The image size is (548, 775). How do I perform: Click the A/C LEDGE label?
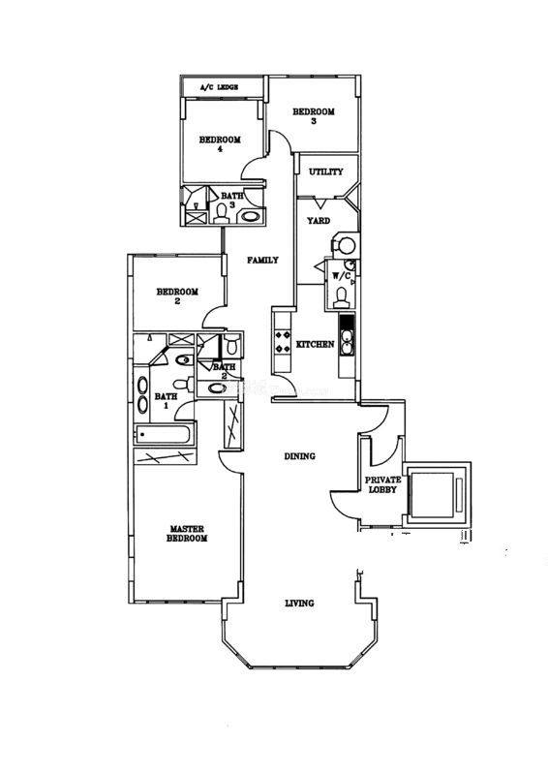(220, 87)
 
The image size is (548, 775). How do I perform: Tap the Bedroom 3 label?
(314, 116)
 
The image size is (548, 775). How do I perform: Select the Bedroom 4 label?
(220, 143)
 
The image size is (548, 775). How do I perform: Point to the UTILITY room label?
(325, 172)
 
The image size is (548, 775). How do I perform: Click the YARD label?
(319, 221)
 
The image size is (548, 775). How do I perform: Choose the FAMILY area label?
(262, 260)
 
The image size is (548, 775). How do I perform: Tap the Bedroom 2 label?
(177, 296)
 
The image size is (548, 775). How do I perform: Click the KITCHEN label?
(315, 344)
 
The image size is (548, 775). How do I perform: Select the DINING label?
(299, 456)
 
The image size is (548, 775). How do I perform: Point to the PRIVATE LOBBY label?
(383, 484)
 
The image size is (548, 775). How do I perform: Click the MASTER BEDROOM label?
(186, 534)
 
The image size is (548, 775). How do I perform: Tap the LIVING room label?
(299, 603)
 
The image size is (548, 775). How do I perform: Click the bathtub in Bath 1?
(162, 435)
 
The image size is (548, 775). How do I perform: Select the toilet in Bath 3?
(222, 211)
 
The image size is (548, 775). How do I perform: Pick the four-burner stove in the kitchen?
(283, 341)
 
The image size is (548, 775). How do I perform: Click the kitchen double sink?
(348, 343)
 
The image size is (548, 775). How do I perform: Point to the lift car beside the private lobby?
(433, 495)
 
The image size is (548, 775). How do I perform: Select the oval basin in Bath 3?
(250, 216)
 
